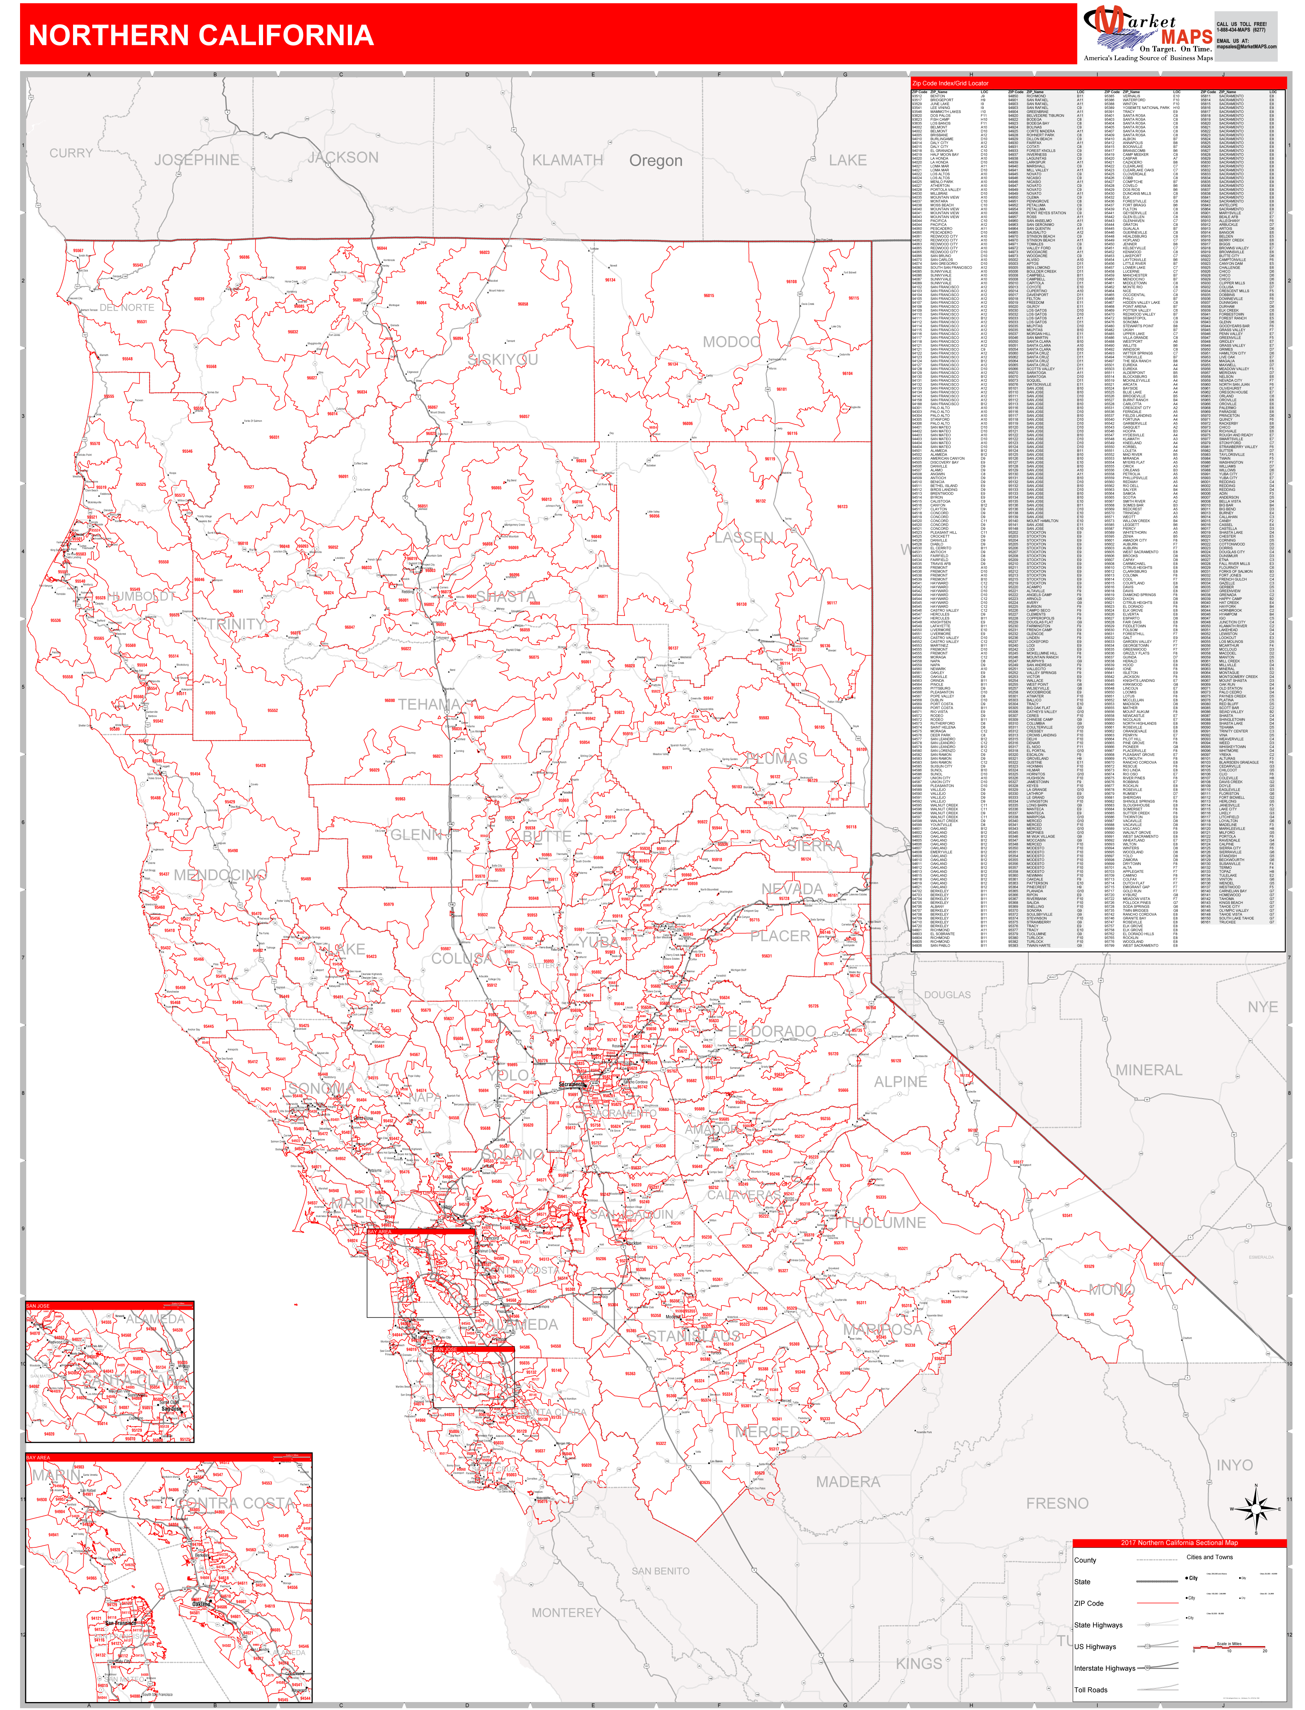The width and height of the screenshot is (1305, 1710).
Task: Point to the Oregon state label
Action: point(656,161)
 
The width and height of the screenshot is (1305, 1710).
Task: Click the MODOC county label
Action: point(731,342)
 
